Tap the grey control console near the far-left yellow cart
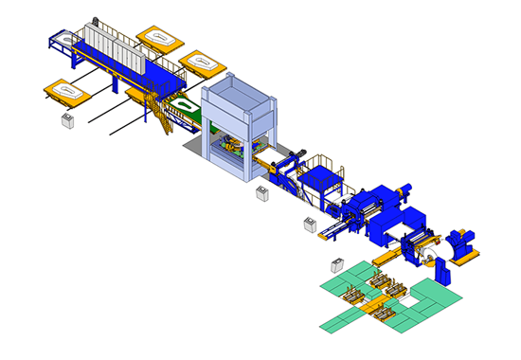pos(67,121)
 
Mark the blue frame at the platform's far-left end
pos(60,40)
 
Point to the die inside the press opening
pos(230,149)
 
